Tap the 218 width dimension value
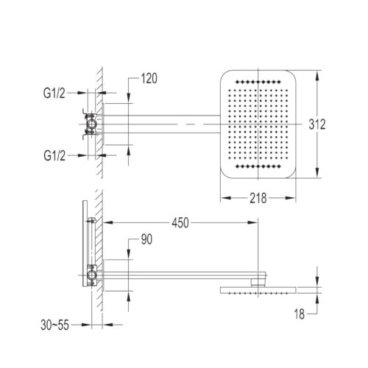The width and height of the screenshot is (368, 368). click(257, 197)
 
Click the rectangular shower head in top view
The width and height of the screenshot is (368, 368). click(258, 125)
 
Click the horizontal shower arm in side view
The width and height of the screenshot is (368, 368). click(177, 276)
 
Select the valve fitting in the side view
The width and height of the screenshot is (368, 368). click(91, 273)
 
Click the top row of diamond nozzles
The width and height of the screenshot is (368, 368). click(258, 78)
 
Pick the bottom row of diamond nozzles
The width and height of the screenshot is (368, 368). click(258, 171)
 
